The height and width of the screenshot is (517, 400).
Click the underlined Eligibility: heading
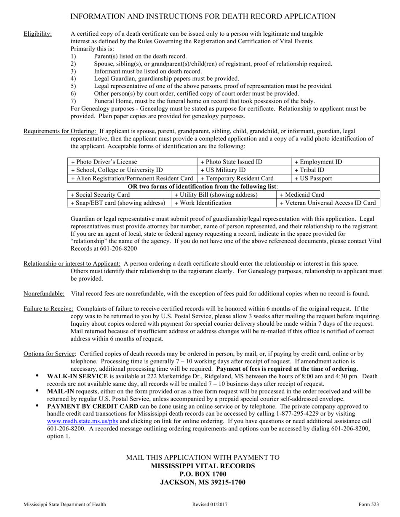pyautogui.click(x=38, y=34)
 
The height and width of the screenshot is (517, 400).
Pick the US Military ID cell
pyautogui.click(x=244, y=170)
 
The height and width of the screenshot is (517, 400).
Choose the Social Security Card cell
pyautogui.click(x=119, y=195)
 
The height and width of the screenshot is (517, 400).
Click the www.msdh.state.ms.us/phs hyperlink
pyautogui.click(x=82, y=422)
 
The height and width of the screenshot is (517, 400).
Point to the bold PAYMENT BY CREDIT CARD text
pyautogui.click(x=93, y=406)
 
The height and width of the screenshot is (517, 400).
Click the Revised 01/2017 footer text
pyautogui.click(x=207, y=504)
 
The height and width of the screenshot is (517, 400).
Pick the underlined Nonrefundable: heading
pyautogui.click(x=44, y=293)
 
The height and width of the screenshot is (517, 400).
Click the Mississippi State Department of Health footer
pyautogui.click(x=65, y=504)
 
